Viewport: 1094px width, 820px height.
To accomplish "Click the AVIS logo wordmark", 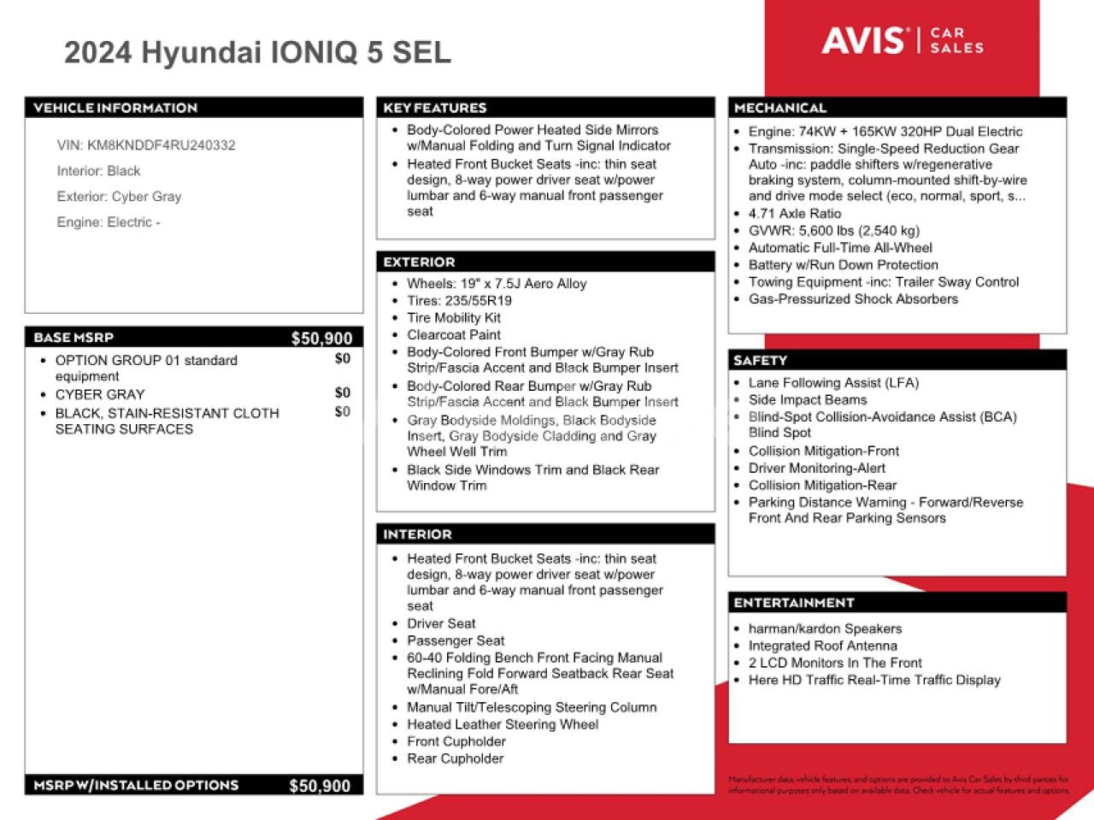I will point(862,40).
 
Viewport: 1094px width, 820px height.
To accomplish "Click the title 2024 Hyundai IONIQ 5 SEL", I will point(257,53).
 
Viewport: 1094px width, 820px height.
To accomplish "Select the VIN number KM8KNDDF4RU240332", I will point(161,145).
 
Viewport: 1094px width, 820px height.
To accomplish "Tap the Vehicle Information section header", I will point(115,108).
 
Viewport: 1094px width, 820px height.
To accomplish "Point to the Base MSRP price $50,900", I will point(321,338).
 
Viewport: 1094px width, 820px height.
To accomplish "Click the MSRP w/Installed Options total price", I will point(320,786).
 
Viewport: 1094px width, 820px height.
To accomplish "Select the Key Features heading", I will point(435,108).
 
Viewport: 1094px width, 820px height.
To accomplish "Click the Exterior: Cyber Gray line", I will point(119,197).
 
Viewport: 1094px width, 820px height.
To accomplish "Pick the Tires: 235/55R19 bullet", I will point(459,301).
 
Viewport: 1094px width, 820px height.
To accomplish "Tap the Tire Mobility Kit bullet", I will point(454,318).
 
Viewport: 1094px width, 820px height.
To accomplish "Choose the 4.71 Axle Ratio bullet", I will point(794,214).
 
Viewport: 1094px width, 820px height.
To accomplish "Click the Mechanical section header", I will point(780,108).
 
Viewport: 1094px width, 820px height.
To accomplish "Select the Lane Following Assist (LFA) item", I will point(833,383).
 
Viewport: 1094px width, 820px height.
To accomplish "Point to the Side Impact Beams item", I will point(807,400).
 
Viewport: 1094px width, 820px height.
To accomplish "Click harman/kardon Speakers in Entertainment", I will point(825,628).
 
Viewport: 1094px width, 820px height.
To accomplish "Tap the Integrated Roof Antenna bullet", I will point(822,646).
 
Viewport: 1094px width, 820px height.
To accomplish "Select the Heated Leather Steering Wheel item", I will point(503,724).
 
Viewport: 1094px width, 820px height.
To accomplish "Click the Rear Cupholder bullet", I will point(455,758).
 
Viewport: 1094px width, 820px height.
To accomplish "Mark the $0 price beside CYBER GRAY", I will point(342,393).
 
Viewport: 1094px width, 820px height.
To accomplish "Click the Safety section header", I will point(760,361).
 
